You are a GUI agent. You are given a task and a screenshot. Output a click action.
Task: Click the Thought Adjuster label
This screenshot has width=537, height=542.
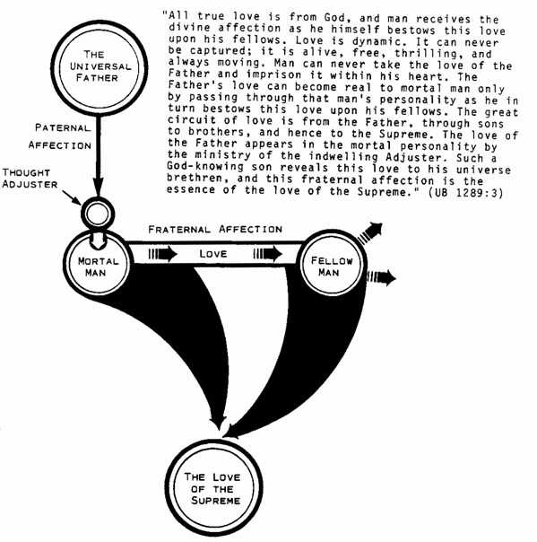(30, 179)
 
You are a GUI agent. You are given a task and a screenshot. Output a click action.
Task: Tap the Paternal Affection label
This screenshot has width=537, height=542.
(60, 136)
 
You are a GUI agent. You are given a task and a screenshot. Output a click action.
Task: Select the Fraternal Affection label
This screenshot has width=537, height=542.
(215, 229)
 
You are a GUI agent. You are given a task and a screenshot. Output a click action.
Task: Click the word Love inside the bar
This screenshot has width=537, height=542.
(213, 254)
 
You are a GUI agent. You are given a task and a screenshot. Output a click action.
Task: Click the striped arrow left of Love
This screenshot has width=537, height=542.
(162, 254)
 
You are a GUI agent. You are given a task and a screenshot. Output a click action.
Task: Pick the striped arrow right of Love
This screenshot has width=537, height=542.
(268, 254)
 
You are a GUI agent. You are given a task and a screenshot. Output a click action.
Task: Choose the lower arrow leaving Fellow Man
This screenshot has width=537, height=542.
(381, 277)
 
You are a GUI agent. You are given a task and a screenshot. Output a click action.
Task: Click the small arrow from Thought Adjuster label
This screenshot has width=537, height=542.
(72, 197)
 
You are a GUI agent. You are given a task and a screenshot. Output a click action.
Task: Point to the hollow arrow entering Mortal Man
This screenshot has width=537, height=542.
(98, 241)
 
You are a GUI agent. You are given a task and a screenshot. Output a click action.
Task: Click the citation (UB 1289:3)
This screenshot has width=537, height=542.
(465, 192)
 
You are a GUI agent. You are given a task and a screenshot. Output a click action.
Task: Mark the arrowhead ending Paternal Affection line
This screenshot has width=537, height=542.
(99, 188)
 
